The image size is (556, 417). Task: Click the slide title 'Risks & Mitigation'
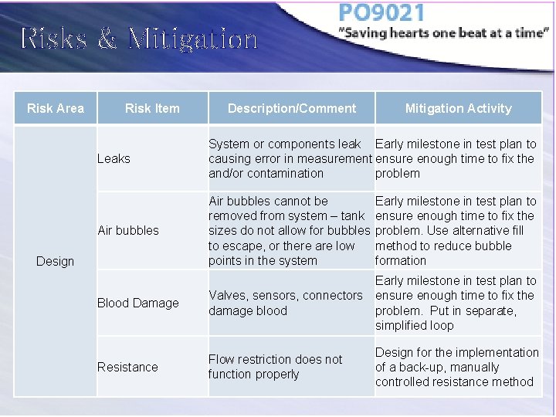coord(139,38)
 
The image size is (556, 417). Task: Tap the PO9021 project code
coord(381,14)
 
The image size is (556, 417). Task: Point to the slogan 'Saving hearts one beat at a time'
coord(444,34)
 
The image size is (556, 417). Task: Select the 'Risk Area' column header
coord(56,108)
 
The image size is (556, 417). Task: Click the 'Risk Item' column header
coord(152,108)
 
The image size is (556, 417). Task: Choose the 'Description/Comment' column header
coord(292,108)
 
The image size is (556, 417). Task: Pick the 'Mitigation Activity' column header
coord(458,108)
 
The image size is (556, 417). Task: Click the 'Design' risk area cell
coord(56,261)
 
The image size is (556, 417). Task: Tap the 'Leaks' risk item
coord(114,158)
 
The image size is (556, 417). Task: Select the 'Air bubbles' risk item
coord(128,230)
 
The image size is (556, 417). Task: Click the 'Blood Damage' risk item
coord(137,303)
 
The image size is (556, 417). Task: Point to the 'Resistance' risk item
coord(127,367)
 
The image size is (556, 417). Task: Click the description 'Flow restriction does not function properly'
coord(275,367)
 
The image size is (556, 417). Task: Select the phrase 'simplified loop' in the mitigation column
coord(415,325)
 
